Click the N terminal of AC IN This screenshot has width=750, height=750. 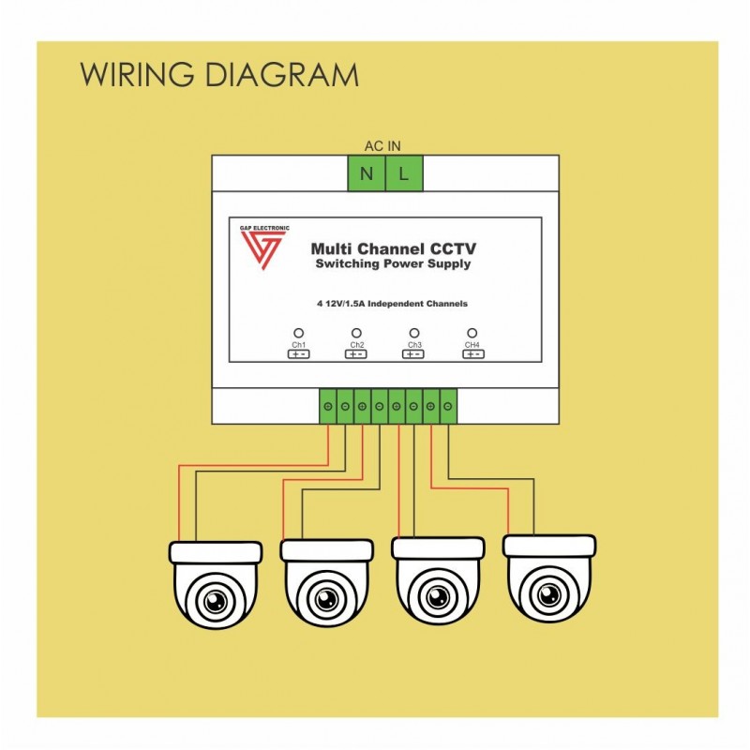[367, 173]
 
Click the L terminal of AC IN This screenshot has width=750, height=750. [404, 173]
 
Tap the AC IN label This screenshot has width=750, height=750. [382, 146]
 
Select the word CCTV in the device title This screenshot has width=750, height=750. [454, 248]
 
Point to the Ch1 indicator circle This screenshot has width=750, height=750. [298, 333]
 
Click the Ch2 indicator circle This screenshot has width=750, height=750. [356, 333]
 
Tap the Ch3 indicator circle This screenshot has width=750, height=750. [414, 333]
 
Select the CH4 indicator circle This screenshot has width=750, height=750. [472, 333]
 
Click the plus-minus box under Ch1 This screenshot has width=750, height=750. [298, 354]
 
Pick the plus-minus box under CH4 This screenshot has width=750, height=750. [473, 354]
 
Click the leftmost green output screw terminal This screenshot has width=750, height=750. [328, 407]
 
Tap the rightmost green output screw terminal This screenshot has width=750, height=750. [448, 407]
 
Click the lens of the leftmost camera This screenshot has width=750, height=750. [216, 600]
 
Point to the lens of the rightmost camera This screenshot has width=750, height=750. [549, 595]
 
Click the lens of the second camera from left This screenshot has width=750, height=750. [326, 598]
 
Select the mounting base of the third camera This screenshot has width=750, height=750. [438, 548]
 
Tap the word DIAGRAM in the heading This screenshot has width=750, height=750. [282, 75]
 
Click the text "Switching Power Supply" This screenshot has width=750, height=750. [393, 264]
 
